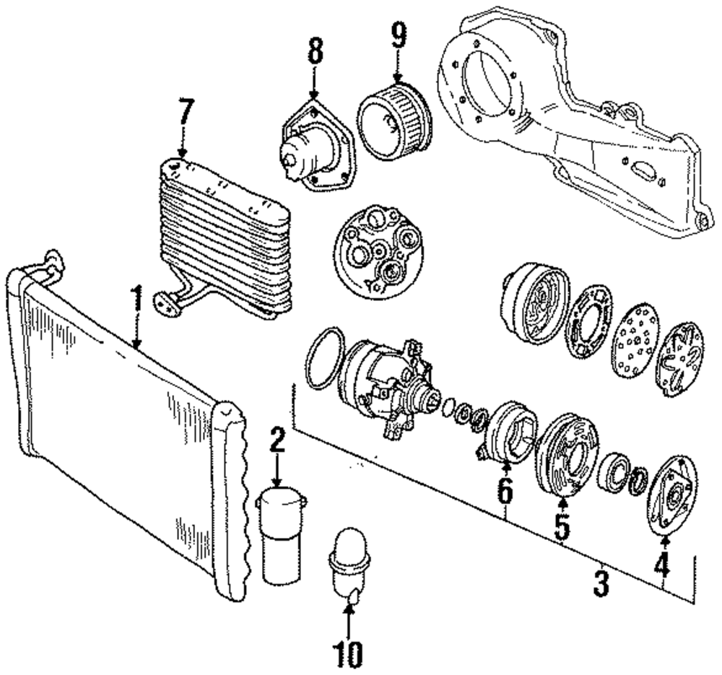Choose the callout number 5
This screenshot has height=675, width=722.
click(562, 526)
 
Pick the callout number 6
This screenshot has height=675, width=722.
click(505, 491)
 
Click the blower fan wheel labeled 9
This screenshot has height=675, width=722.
click(394, 119)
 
